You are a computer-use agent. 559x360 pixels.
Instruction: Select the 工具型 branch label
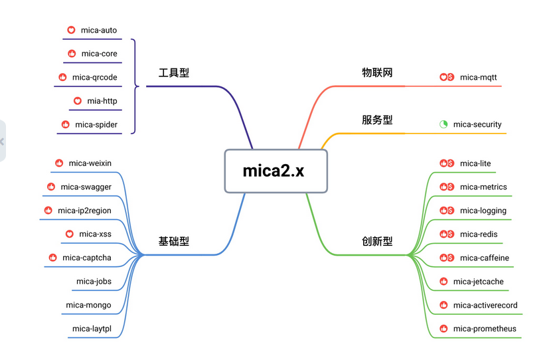pyautogui.click(x=174, y=72)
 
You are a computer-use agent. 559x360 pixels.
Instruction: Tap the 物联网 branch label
pyautogui.click(x=377, y=72)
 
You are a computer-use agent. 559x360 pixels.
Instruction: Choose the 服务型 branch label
pyautogui.click(x=377, y=120)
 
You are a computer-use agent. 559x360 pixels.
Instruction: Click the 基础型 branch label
pyautogui.click(x=174, y=241)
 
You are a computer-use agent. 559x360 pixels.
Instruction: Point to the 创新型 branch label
pyautogui.click(x=377, y=241)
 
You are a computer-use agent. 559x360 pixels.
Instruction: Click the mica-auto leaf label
pyautogui.click(x=99, y=30)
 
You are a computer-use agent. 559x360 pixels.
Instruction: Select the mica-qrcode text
pyautogui.click(x=94, y=77)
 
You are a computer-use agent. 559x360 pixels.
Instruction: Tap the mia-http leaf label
pyautogui.click(x=102, y=101)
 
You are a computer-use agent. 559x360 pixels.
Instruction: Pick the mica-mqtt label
pyautogui.click(x=478, y=77)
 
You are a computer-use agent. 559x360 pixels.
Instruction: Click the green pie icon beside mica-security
pyautogui.click(x=443, y=124)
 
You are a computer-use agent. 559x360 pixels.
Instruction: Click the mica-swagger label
pyautogui.click(x=86, y=187)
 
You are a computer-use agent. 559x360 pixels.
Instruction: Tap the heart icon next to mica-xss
pyautogui.click(x=69, y=234)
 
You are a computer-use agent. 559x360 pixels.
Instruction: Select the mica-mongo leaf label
pyautogui.click(x=88, y=305)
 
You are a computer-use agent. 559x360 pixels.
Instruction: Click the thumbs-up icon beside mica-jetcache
pyautogui.click(x=443, y=282)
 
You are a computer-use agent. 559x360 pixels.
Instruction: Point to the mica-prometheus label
pyautogui.click(x=485, y=328)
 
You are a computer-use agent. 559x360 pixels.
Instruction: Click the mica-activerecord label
pyautogui.click(x=485, y=305)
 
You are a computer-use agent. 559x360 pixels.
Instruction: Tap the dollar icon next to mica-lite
pyautogui.click(x=450, y=163)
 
